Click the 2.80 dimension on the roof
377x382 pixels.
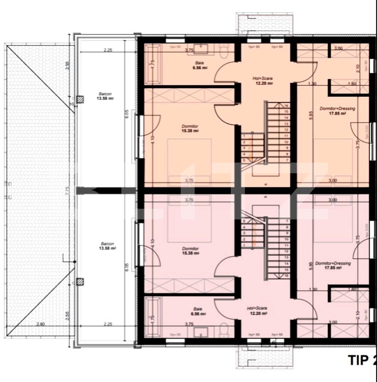pyautogui.click(x=40, y=324)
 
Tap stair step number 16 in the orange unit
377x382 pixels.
pyautogui.click(x=286, y=105)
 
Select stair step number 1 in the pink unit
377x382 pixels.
pyautogui.click(x=244, y=245)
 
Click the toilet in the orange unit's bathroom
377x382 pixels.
pyautogui.click(x=224, y=52)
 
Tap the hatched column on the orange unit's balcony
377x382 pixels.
pyautogui.click(x=80, y=100)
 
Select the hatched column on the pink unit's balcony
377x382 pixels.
pyautogui.click(x=80, y=281)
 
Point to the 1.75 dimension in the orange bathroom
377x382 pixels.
pyautogui.click(x=153, y=65)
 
